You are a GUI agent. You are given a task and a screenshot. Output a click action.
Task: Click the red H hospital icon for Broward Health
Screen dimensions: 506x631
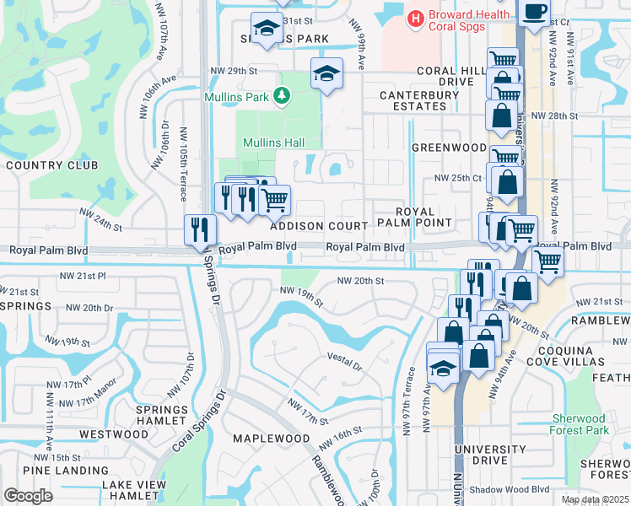click(415, 17)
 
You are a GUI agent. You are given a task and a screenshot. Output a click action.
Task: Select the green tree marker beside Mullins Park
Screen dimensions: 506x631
click(283, 98)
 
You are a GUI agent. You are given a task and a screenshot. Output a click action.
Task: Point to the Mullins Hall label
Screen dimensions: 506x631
click(274, 143)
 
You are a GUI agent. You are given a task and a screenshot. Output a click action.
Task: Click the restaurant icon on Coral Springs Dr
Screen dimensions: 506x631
click(201, 229)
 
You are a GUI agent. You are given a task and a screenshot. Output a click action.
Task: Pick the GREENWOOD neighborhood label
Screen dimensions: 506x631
click(448, 148)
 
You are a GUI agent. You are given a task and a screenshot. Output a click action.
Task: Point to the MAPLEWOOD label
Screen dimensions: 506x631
click(272, 439)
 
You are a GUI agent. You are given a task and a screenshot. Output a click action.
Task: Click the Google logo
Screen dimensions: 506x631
click(29, 496)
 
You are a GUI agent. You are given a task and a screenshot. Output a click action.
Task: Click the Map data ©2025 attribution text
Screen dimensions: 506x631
click(595, 499)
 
